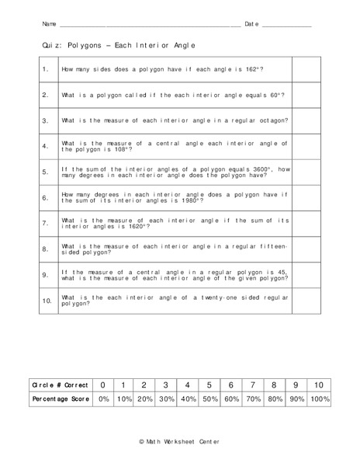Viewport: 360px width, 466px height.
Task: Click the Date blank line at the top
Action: (x=287, y=26)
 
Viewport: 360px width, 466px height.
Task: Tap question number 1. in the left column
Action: (x=46, y=70)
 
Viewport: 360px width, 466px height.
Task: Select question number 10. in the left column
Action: (x=46, y=300)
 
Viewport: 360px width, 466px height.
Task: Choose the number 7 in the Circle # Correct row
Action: (x=253, y=384)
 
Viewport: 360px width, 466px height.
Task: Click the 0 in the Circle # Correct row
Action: (x=102, y=384)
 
